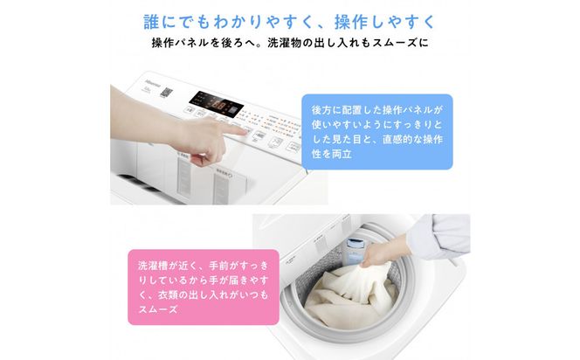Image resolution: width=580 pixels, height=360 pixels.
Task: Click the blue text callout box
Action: (x=378, y=131)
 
